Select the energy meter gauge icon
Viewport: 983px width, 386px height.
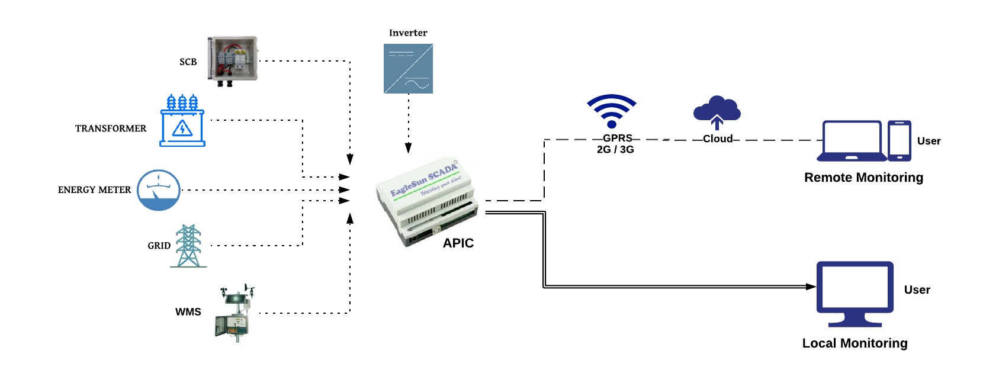(x=159, y=190)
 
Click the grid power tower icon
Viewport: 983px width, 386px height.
(x=188, y=246)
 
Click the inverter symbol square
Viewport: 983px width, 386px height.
(x=408, y=69)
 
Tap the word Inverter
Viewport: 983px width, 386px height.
(x=408, y=33)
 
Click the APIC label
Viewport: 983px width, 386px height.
(x=458, y=243)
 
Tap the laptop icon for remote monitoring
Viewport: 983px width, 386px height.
(x=852, y=141)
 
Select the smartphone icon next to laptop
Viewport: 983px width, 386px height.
(x=899, y=141)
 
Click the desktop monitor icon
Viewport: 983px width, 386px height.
(x=854, y=294)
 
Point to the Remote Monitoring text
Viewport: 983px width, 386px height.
(x=863, y=178)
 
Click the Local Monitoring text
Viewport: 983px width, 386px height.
(x=854, y=343)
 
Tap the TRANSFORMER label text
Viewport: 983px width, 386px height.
(x=111, y=128)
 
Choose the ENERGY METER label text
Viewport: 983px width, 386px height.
(x=94, y=190)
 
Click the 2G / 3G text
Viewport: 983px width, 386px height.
(x=615, y=150)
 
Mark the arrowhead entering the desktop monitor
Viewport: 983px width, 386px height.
(x=811, y=287)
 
